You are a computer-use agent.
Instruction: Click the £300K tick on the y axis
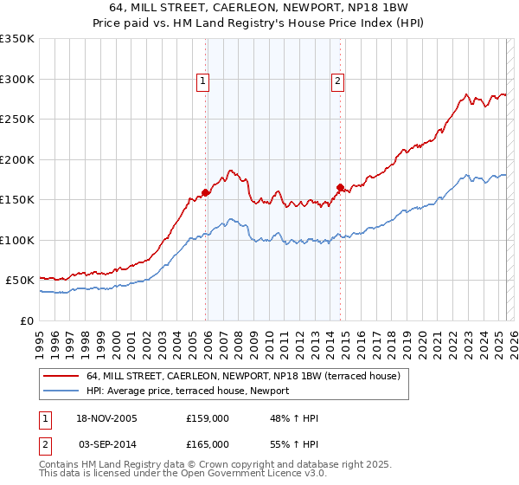(x=17, y=79)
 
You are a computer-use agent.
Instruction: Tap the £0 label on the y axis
(x=28, y=320)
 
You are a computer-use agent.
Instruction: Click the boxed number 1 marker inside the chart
(x=203, y=82)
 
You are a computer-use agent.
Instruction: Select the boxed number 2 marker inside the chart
(x=337, y=82)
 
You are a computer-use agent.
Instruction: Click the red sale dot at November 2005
(x=206, y=192)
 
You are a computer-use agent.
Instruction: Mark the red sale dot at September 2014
(x=340, y=186)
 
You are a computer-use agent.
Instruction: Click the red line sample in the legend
(x=61, y=377)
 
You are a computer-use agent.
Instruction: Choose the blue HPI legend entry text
(x=188, y=391)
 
